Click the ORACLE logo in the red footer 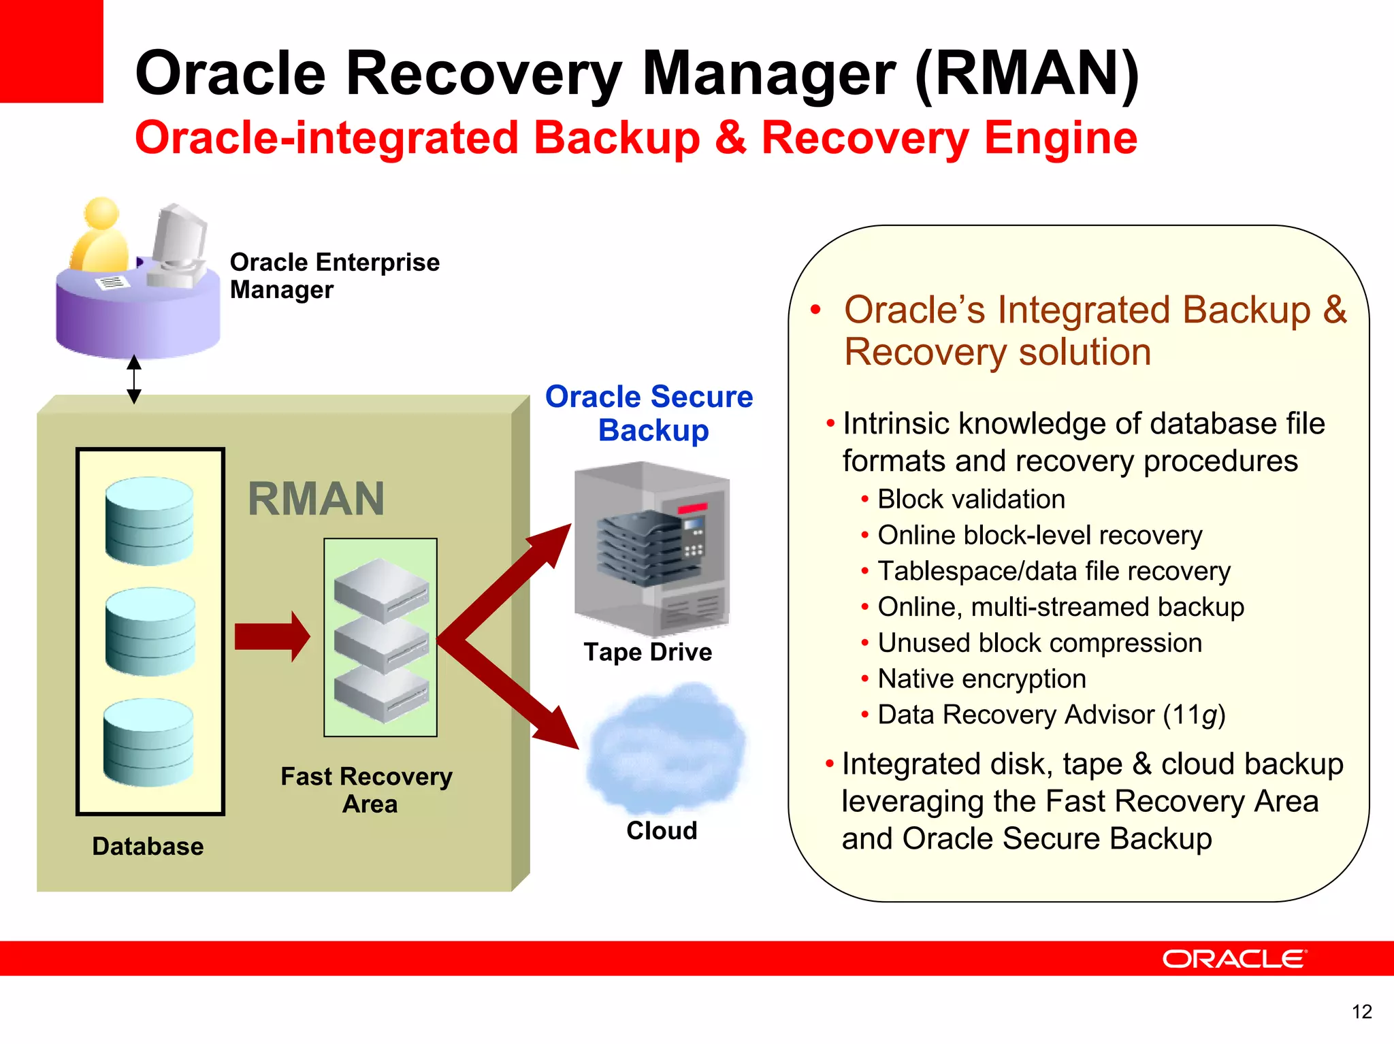pos(1234,959)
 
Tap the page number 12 pos(1361,1012)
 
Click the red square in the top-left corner pos(51,51)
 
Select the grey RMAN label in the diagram pos(316,499)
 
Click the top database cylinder pos(150,521)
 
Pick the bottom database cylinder pos(148,743)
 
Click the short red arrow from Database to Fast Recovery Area pos(272,636)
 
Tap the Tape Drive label pos(647,652)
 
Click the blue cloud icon pos(666,752)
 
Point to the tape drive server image pos(651,548)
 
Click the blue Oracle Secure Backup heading pos(649,413)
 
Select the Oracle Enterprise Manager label pos(334,276)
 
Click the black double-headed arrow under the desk pos(134,379)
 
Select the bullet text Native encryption pos(981,679)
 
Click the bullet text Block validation pos(971,500)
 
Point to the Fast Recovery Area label pos(367,789)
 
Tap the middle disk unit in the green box pos(382,645)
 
